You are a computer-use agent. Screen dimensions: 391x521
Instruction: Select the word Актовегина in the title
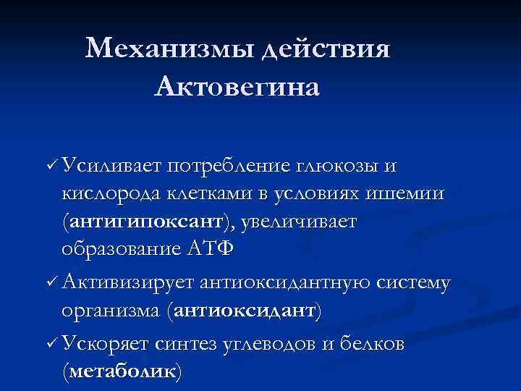coord(237,88)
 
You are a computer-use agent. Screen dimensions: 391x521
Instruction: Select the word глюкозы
coord(336,167)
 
